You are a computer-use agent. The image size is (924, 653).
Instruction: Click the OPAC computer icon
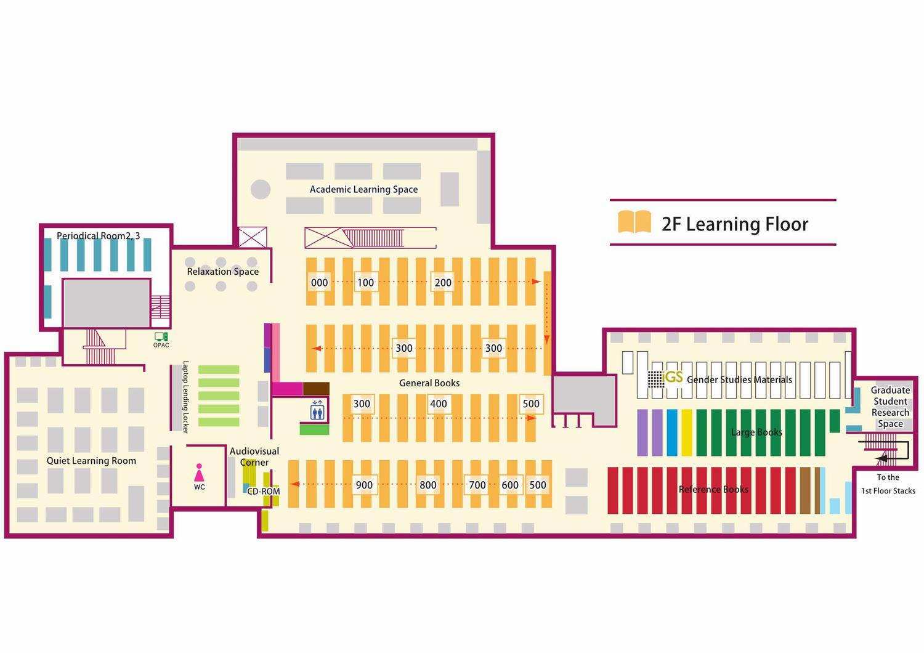[x=161, y=337]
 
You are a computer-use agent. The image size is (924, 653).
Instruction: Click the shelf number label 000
[x=319, y=283]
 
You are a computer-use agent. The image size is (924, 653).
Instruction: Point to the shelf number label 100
[x=365, y=283]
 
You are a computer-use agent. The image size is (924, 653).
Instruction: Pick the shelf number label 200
[x=443, y=283]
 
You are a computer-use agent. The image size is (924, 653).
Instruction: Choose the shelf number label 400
[x=439, y=404]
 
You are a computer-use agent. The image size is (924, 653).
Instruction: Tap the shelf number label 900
[x=364, y=485]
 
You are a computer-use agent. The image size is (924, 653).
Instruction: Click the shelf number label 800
[x=428, y=485]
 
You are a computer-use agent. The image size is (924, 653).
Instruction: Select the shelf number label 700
[x=477, y=485]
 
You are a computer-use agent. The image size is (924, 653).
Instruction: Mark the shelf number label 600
[x=510, y=485]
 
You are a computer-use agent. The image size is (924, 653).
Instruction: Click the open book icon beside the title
[x=634, y=222]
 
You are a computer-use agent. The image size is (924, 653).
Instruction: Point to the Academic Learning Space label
[x=363, y=189]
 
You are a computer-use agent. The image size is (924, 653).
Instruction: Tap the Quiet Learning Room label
[x=91, y=461]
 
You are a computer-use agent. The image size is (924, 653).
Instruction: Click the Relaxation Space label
[x=222, y=272]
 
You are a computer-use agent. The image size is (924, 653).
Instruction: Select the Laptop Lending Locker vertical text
[x=185, y=397]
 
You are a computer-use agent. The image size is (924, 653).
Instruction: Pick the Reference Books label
[x=713, y=490]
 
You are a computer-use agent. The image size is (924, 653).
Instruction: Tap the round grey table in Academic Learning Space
[x=261, y=189]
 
